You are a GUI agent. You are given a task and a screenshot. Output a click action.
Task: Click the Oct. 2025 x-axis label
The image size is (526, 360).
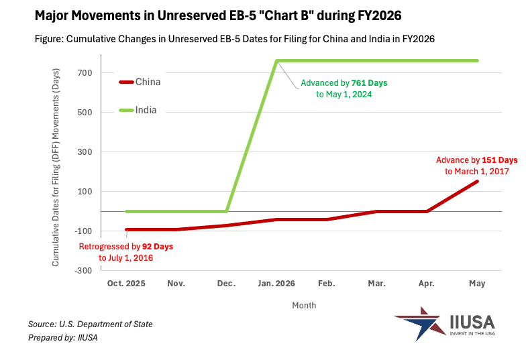pyautogui.click(x=126, y=284)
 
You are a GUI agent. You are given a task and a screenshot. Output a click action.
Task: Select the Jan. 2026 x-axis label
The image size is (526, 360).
pyautogui.click(x=276, y=284)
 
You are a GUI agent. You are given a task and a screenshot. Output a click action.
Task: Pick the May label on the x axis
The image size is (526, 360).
pyautogui.click(x=477, y=284)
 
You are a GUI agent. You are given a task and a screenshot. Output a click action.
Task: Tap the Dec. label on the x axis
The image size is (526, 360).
pyautogui.click(x=227, y=284)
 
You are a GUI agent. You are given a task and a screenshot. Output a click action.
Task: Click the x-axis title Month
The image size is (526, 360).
pyautogui.click(x=304, y=306)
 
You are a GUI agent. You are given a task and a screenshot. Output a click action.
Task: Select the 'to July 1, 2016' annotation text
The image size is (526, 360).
pyautogui.click(x=125, y=258)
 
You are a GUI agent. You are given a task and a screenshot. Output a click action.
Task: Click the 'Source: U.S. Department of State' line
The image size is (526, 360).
pyautogui.click(x=91, y=324)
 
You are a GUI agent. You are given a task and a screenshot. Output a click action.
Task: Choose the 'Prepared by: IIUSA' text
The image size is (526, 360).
pyautogui.click(x=63, y=338)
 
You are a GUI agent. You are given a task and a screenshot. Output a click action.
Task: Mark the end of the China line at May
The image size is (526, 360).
pyautogui.click(x=478, y=182)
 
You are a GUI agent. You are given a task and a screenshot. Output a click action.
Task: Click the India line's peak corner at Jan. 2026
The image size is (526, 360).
pyautogui.click(x=277, y=61)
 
